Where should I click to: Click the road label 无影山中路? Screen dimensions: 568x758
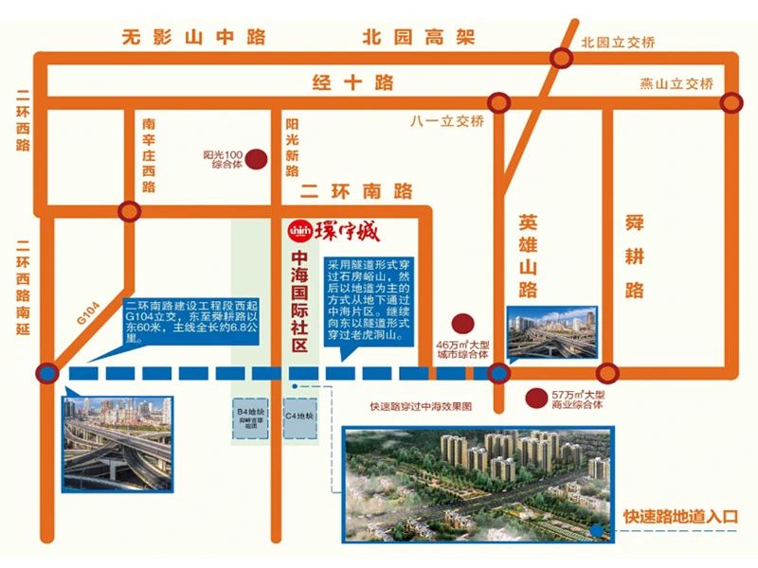tap(193, 39)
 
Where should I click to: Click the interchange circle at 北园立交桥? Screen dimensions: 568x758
tap(562, 59)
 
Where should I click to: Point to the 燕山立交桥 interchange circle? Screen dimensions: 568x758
tap(731, 102)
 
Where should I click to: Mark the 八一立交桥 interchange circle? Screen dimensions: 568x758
tap(496, 103)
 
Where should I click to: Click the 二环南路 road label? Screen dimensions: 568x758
tap(356, 191)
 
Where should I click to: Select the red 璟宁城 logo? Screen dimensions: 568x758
tap(338, 232)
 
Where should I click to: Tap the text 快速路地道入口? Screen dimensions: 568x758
tap(679, 517)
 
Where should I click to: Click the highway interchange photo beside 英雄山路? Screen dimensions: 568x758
tap(551, 334)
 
